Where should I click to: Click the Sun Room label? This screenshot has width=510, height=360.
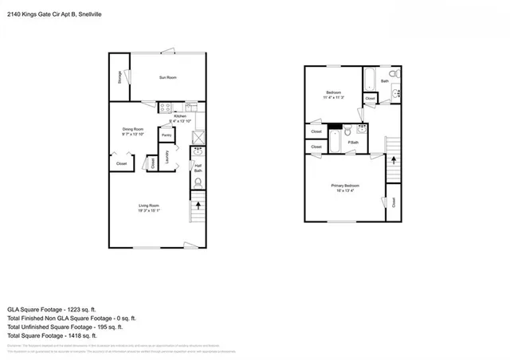pyautogui.click(x=166, y=77)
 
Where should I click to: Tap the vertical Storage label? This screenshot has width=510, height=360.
pyautogui.click(x=120, y=76)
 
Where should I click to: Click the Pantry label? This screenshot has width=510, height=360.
pyautogui.click(x=167, y=135)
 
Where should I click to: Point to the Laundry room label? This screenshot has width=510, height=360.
pyautogui.click(x=167, y=158)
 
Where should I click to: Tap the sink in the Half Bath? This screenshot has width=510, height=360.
pyautogui.click(x=191, y=166)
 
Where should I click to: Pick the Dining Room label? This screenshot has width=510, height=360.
pyautogui.click(x=132, y=129)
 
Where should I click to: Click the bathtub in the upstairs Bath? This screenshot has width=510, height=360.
pyautogui.click(x=371, y=79)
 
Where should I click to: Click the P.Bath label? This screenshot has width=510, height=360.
pyautogui.click(x=354, y=143)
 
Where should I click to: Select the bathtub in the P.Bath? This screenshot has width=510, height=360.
pyautogui.click(x=336, y=143)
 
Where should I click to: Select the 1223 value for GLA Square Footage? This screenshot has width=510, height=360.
pyautogui.click(x=92, y=307)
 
